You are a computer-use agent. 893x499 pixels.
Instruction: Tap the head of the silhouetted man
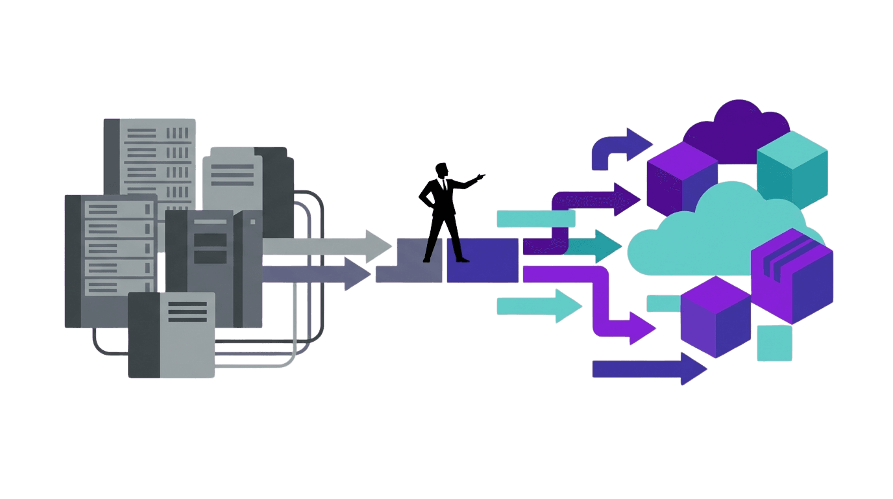point(442,171)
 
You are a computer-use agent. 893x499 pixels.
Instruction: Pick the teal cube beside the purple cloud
point(792,166)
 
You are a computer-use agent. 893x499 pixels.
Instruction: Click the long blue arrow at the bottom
point(649,368)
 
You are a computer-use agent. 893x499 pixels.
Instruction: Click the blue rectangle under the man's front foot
point(482,260)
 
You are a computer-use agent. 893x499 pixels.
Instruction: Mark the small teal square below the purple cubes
point(774,342)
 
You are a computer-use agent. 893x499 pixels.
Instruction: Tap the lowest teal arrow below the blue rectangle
point(539,306)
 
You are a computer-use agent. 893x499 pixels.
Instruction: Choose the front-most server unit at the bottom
point(171,335)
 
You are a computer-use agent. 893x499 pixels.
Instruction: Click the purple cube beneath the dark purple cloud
point(681,179)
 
